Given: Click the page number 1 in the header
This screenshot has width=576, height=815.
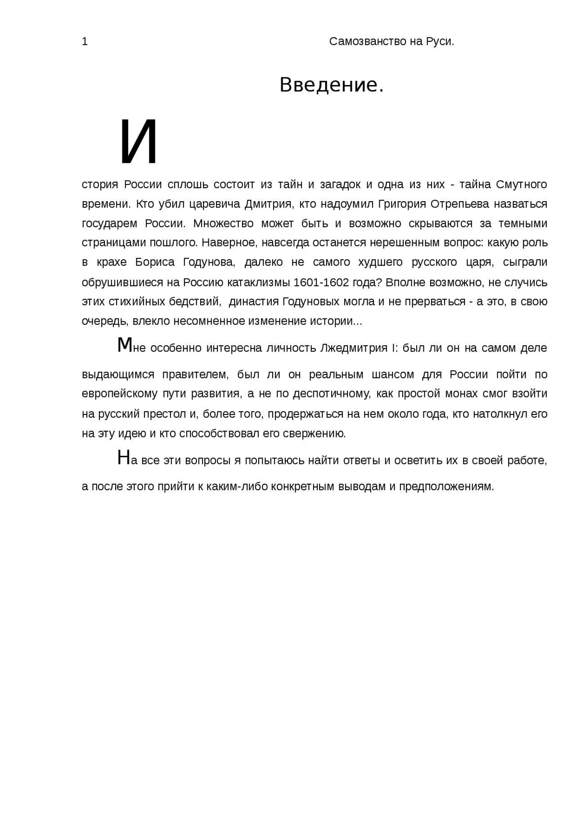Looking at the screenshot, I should [85, 42].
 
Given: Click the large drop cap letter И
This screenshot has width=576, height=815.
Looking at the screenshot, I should [139, 141].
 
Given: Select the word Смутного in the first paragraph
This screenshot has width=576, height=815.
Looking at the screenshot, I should [522, 185].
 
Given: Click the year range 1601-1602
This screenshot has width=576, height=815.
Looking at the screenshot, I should [321, 283].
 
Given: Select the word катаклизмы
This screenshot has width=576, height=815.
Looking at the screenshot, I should [258, 283].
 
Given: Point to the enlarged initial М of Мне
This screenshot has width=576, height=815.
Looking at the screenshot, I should [124, 346].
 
